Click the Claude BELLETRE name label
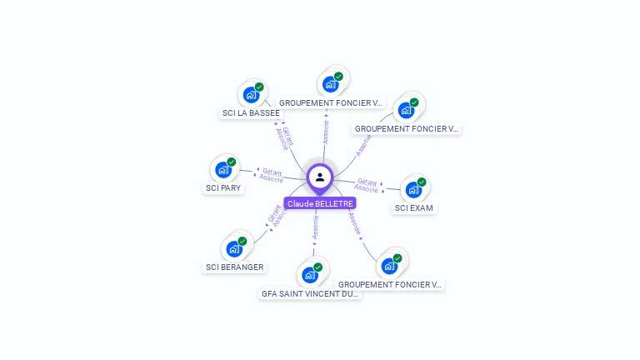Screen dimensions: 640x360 320,203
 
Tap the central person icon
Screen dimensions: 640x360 320,177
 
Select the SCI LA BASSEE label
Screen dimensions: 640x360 251,113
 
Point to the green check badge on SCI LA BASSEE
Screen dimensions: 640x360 259,87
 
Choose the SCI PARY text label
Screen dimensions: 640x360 223,188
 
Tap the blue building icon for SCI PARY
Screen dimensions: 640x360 222,170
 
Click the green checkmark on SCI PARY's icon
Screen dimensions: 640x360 232,162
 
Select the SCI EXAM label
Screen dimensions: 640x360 414,208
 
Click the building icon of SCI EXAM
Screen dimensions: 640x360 412,190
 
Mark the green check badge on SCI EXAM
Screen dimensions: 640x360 422,182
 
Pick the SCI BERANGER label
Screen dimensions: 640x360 234,267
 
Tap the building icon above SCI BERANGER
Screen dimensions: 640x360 233,249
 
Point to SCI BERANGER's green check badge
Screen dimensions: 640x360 242,241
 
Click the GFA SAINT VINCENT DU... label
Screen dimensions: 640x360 310,293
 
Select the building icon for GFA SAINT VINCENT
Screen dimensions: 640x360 309,275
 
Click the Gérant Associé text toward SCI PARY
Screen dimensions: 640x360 272,175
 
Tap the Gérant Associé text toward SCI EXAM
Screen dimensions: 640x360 367,185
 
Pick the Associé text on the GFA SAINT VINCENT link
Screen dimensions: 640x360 316,227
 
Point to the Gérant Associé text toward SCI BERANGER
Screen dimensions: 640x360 277,216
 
